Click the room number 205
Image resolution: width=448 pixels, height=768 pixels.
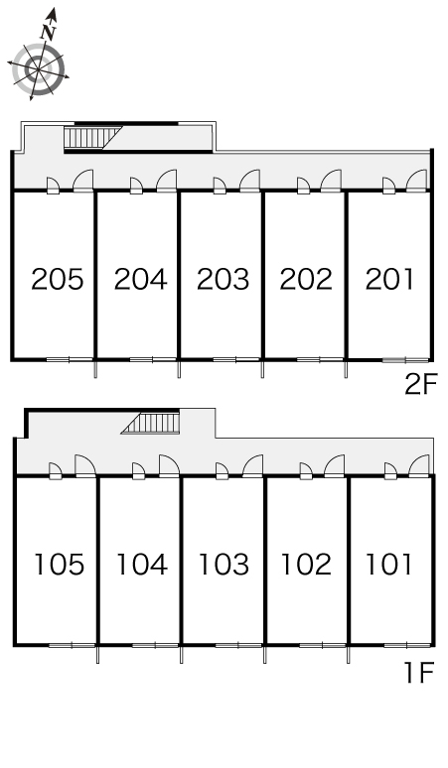58,279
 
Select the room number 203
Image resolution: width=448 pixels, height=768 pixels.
224,279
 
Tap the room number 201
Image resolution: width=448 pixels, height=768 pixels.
389,279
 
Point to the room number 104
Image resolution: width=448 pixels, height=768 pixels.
142,565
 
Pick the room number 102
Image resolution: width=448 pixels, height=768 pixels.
306,565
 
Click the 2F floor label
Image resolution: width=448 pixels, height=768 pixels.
420,384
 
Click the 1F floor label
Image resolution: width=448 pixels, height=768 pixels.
419,673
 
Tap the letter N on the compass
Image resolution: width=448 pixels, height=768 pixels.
49,32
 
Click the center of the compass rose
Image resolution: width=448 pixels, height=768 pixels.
38,69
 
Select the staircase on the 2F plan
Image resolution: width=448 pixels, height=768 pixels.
92,137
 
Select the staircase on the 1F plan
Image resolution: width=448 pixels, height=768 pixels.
150,423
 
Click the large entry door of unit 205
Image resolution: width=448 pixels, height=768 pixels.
82,181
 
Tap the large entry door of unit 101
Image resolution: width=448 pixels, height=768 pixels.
418,465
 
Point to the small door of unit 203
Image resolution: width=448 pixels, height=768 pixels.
220,186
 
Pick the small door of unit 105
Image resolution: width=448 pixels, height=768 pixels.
56,471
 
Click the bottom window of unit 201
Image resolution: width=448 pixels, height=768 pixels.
405,360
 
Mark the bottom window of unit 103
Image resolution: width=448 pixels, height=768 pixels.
238,645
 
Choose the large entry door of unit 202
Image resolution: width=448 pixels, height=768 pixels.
331,181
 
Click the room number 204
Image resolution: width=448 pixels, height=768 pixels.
141,279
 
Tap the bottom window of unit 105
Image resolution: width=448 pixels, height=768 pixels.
73,645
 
